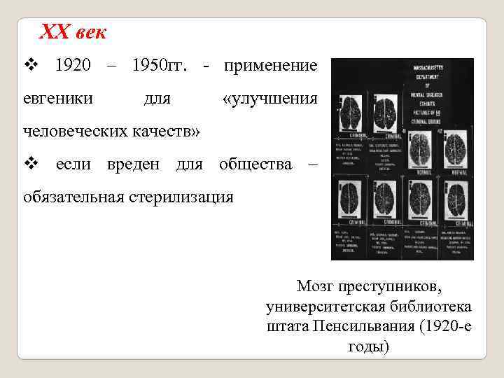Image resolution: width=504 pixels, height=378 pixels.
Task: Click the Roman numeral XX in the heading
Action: coord(52,31)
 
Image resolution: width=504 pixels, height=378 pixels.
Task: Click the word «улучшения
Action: coord(269,99)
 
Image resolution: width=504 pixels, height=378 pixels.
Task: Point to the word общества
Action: coord(255,164)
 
